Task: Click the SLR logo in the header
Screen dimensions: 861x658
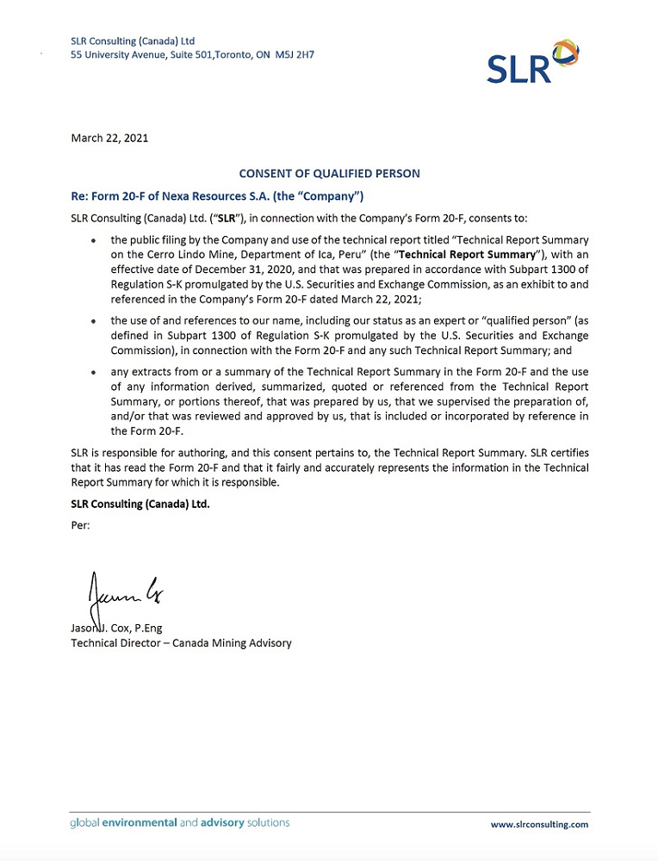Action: click(532, 61)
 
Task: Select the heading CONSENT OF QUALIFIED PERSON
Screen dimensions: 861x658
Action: click(330, 174)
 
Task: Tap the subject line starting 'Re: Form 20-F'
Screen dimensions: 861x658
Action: click(217, 196)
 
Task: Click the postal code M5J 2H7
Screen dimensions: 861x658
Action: click(295, 54)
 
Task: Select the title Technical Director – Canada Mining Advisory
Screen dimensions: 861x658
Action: click(181, 642)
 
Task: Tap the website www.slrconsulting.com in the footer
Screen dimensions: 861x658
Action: click(539, 824)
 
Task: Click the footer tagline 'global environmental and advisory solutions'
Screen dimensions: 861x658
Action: click(180, 823)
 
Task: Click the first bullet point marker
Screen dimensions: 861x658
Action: click(92, 242)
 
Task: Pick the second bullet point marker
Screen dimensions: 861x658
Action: click(92, 321)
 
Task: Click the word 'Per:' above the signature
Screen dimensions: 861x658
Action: click(80, 523)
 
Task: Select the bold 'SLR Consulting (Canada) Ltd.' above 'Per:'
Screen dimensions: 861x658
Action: click(140, 504)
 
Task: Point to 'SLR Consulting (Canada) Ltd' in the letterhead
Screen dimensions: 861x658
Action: click(133, 40)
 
